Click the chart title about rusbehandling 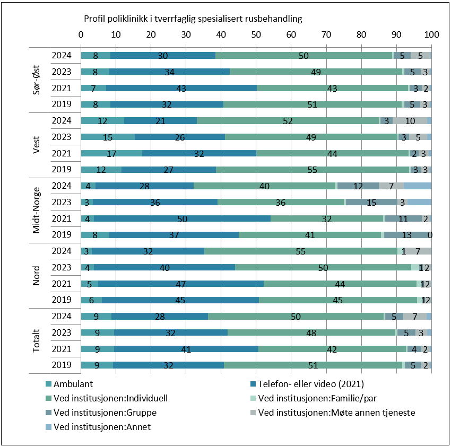pos(193,19)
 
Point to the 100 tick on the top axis pos(431,34)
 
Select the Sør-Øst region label pos(37,80)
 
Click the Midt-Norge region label pos(37,210)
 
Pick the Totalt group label pos(37,340)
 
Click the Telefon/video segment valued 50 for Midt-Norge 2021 pos(182,218)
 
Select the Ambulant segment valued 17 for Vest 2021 pos(111,153)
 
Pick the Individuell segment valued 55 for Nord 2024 pos(301,251)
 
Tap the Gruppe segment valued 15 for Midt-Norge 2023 pos(371,202)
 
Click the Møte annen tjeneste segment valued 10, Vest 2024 pos(410,121)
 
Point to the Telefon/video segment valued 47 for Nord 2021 pos(181,284)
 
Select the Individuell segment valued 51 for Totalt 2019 pos(313,365)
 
